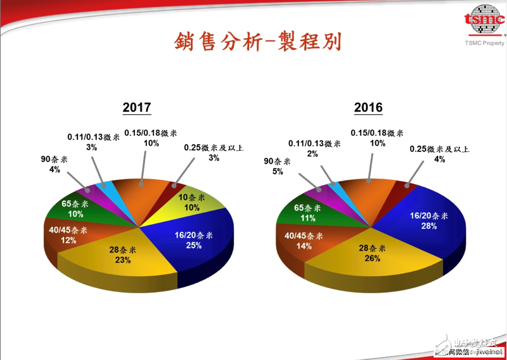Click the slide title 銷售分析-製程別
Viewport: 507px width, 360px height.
point(257,42)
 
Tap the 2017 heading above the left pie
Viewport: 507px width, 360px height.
point(137,107)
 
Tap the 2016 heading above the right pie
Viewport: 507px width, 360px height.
point(368,107)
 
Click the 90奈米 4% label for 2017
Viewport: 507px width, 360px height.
point(54,165)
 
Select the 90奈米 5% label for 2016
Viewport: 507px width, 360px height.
point(278,166)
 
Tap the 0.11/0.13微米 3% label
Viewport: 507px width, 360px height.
point(93,142)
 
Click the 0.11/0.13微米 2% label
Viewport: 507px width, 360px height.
point(314,149)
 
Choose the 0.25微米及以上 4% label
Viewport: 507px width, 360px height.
point(439,154)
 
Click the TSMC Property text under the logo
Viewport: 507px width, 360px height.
point(485,43)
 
